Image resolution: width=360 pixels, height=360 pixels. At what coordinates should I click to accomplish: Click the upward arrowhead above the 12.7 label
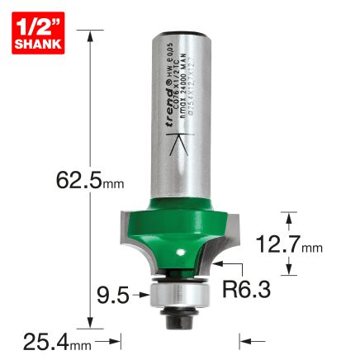(x=287, y=216)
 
